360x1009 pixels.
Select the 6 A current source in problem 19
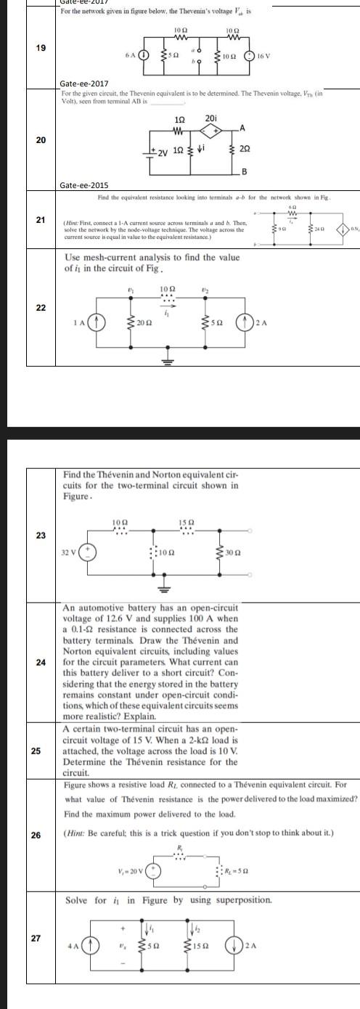[x=144, y=54]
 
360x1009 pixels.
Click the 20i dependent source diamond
[x=210, y=132]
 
